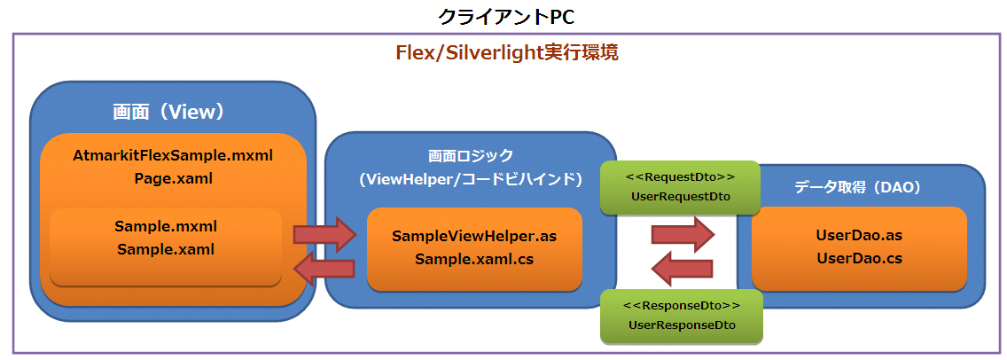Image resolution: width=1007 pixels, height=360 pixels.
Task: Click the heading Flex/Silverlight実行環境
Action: coord(506,52)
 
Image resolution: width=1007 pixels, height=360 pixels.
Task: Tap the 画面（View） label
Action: coord(168,113)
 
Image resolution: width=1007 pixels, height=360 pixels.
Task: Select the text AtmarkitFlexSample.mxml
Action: coord(174,155)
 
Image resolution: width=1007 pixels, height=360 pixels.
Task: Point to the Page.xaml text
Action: coord(174,179)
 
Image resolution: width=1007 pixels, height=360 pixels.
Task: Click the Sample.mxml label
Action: coord(166,226)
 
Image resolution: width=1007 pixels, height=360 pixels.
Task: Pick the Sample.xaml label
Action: coord(166,249)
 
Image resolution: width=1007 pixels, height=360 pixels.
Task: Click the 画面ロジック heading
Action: coord(471,156)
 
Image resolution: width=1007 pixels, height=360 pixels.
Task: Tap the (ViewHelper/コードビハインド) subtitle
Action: coord(471,181)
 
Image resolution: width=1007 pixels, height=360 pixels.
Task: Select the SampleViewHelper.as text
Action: coord(474,236)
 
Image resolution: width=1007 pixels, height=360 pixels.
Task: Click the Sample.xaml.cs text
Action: coord(474,259)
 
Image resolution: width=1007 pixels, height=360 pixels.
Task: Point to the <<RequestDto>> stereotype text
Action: coord(680,176)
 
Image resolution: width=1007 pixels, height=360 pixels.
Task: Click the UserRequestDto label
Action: coord(680,197)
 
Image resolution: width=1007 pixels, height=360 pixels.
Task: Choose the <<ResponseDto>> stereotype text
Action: coord(682,304)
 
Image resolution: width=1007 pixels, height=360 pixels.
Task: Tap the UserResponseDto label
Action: coord(682,325)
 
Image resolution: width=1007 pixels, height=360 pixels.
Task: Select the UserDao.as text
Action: coord(859,235)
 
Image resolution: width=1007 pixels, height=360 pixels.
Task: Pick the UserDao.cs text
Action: coord(859,258)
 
